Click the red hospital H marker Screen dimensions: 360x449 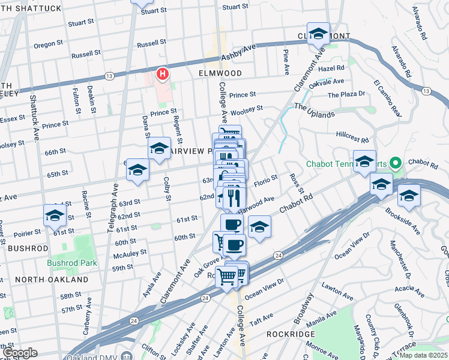(161, 74)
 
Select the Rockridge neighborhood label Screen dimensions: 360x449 (270, 334)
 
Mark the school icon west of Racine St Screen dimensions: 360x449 (55, 215)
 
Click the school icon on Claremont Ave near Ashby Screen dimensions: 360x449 (318, 34)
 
